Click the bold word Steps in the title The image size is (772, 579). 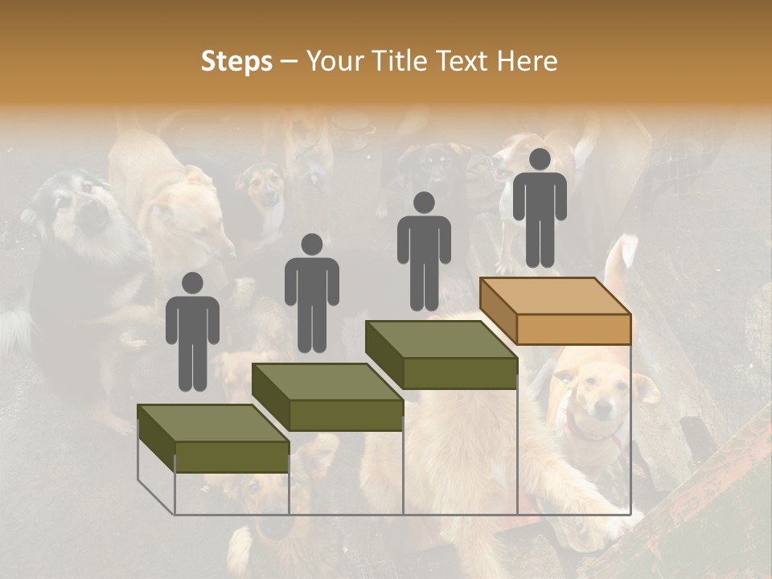[236, 62]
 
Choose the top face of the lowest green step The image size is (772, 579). [213, 423]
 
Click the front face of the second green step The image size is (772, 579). [346, 415]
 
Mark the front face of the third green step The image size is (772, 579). [460, 373]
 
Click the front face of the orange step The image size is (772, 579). [573, 329]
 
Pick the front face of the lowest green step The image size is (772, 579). [232, 457]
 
